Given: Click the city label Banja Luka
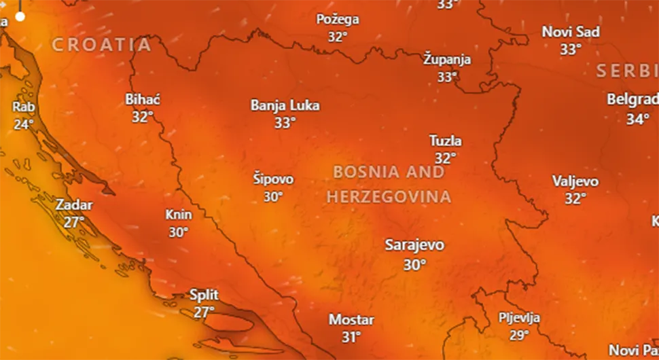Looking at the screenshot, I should tap(285, 105).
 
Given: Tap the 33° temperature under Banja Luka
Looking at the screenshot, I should tap(285, 123).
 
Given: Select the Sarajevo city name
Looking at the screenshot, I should tap(414, 245).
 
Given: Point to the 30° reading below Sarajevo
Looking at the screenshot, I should tap(414, 265).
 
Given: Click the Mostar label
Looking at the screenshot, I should tap(351, 319).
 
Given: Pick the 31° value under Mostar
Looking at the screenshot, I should tap(351, 336).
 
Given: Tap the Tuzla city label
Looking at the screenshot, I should tap(446, 141).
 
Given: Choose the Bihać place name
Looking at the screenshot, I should tap(143, 100).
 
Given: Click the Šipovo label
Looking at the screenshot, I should tap(273, 179).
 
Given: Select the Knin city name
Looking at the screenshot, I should tap(179, 215).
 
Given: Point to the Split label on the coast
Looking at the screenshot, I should tap(204, 295).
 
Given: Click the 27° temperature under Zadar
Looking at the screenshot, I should tap(74, 221).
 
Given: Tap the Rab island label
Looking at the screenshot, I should tap(24, 107).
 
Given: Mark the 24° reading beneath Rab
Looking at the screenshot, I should tap(24, 124).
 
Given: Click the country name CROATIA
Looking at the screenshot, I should tap(102, 45).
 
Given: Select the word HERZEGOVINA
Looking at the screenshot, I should tap(389, 197).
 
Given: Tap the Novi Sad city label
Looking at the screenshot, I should tap(571, 32).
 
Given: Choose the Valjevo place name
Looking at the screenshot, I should tap(575, 181).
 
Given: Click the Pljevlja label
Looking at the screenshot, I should tap(519, 318).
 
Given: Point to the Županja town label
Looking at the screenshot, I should tap(447, 59).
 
